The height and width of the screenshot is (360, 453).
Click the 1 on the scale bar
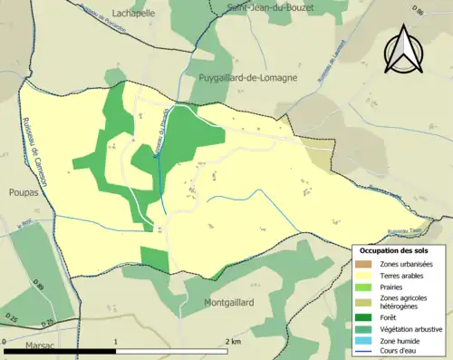pyautogui.click(x=116, y=342)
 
